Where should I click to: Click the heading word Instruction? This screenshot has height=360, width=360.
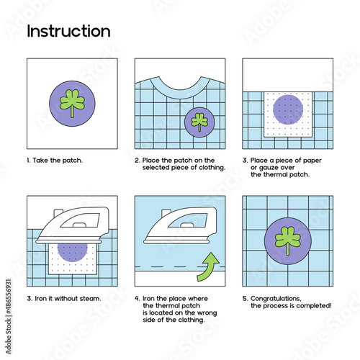click(x=68, y=31)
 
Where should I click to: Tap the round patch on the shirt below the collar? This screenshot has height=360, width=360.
click(x=199, y=122)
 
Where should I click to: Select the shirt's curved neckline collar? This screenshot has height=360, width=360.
click(x=180, y=90)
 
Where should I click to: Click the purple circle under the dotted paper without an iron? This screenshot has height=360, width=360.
click(x=288, y=109)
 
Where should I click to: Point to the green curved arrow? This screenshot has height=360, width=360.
click(x=208, y=266)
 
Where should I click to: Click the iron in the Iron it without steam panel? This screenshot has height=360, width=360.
click(x=73, y=225)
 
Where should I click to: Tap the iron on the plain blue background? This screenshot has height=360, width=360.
click(x=181, y=225)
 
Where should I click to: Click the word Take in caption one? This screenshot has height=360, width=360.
click(x=40, y=161)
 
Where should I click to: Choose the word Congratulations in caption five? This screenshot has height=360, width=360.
click(x=276, y=299)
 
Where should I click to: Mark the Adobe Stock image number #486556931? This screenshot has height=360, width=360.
click(x=9, y=297)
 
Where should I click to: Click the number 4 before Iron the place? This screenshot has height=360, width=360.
click(x=137, y=299)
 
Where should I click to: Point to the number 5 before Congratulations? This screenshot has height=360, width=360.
click(x=245, y=299)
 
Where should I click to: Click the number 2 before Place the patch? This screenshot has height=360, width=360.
click(x=137, y=161)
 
